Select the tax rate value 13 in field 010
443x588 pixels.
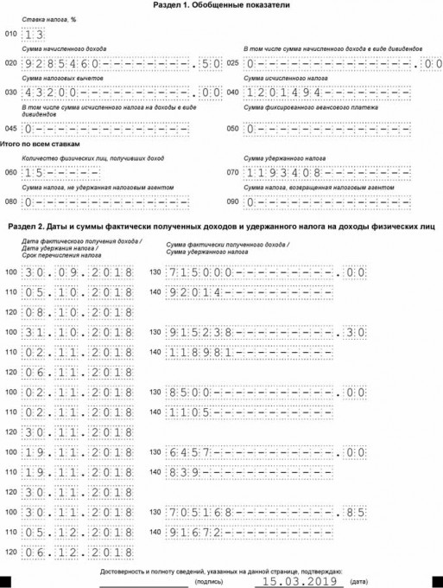(35, 35)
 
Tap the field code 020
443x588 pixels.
(10, 64)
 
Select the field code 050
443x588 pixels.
(231, 129)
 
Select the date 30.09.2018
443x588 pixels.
(79, 273)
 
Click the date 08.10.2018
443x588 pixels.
(79, 311)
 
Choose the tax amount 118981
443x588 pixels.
(197, 352)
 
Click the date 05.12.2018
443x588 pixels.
(79, 532)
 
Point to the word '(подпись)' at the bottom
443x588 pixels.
(210, 583)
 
